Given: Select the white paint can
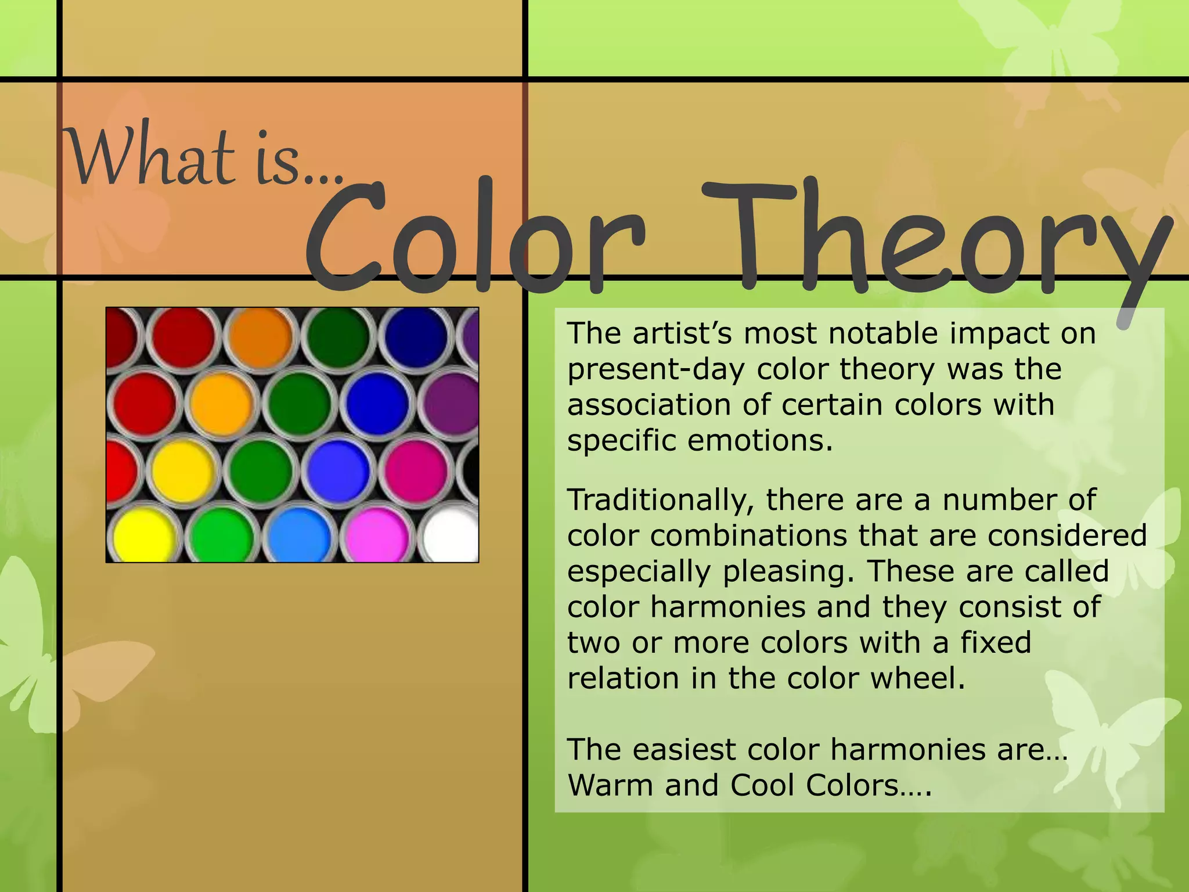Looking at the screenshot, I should (452, 535).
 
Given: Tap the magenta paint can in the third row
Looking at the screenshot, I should (415, 469).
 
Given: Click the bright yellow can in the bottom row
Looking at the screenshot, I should (143, 535).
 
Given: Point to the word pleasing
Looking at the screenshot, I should (788, 571).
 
